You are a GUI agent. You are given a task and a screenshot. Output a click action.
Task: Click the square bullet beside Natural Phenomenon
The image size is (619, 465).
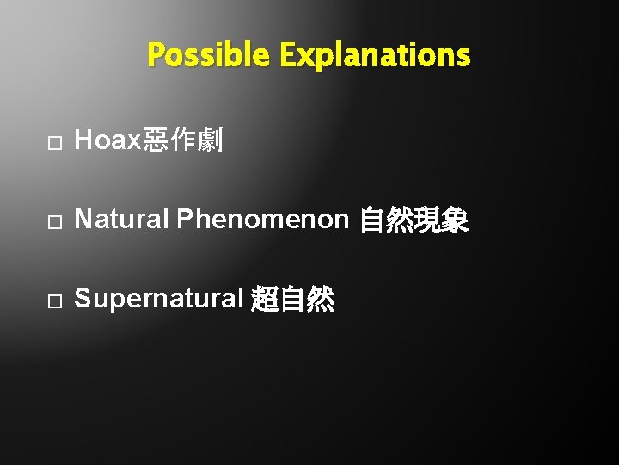coord(53,222)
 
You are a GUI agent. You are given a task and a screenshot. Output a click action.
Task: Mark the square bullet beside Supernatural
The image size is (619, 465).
coord(53,301)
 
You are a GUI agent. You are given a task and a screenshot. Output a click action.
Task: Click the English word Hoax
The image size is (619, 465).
coord(107,141)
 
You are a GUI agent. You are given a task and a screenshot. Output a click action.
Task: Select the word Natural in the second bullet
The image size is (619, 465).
coord(122,220)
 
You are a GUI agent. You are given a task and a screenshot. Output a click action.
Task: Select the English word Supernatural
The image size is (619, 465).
coord(159,300)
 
